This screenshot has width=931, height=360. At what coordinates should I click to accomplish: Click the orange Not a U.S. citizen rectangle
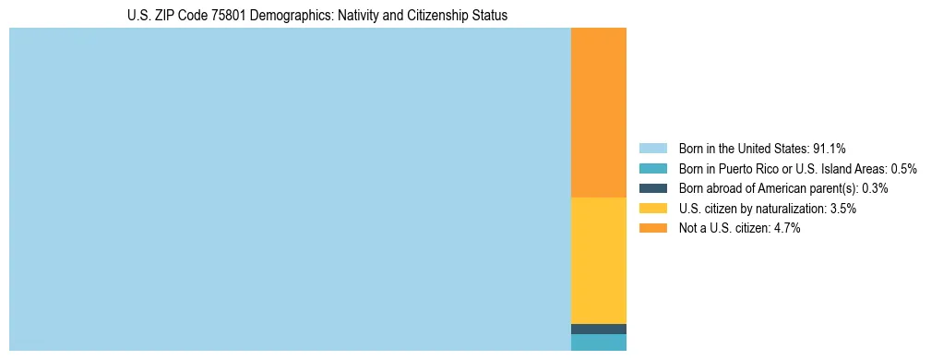point(599,113)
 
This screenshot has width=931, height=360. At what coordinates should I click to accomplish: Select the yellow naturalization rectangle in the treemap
point(599,260)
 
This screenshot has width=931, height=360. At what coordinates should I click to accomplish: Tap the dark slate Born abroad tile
point(599,329)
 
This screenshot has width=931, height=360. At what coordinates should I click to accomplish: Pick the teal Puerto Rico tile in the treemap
point(599,342)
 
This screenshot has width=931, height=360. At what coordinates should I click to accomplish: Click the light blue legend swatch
point(652,148)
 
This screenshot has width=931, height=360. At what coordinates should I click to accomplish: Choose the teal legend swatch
point(652,168)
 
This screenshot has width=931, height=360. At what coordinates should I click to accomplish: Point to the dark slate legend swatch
point(652,188)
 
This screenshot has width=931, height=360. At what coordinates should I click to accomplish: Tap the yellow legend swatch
point(652,209)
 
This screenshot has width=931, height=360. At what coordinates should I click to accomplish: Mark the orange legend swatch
point(652,229)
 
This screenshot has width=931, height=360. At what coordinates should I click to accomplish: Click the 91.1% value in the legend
point(829,148)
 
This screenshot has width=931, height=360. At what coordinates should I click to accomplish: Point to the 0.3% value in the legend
point(875,188)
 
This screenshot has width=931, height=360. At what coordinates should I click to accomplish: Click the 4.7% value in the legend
point(785,229)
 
